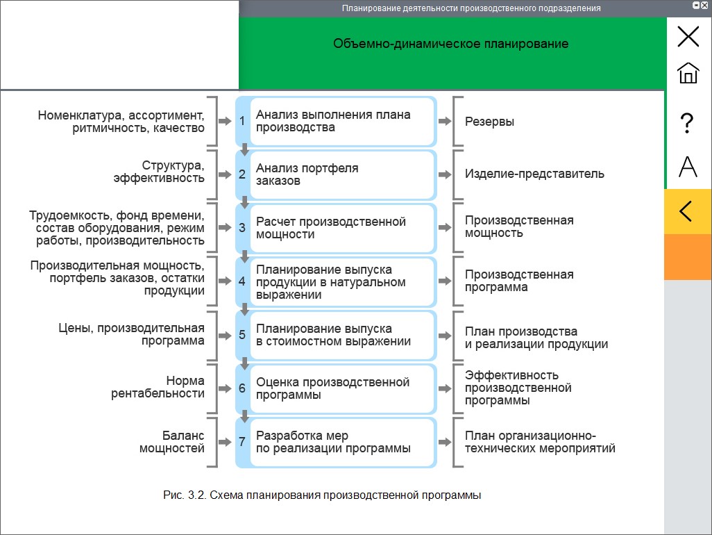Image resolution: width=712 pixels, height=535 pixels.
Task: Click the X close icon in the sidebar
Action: pos(688,36)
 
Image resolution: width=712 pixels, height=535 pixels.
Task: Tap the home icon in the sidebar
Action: pos(688,73)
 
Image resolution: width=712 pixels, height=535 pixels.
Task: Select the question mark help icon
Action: pos(688,123)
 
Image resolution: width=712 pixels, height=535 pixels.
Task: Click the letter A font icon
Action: pos(688,166)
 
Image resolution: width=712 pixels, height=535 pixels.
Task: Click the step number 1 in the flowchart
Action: pos(242,121)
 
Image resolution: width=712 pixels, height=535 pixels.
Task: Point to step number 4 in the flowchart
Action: pos(242,281)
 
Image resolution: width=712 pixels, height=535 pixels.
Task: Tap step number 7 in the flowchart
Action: pos(242,441)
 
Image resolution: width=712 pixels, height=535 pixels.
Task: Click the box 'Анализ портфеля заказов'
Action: pos(342,174)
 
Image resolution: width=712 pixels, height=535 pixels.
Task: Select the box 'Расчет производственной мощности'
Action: pos(342,228)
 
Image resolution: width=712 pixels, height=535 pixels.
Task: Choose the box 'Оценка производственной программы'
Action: pos(342,388)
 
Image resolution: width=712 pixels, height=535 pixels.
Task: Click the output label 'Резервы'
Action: pos(489,122)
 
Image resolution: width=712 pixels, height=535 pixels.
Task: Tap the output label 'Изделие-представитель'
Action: pos(534,174)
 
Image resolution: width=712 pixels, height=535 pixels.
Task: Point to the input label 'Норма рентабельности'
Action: pos(158,387)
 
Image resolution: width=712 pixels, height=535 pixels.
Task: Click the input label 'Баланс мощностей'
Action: pos(171,442)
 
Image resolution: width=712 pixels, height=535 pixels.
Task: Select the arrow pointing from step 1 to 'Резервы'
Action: pos(445,121)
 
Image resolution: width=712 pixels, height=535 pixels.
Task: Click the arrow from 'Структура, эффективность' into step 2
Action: pos(225,174)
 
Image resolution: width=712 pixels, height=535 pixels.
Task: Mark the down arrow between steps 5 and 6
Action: pos(244,363)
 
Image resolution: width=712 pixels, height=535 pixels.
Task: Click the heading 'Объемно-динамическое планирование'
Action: pos(450,44)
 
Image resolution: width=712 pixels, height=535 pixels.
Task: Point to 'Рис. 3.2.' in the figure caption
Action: pos(185,495)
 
